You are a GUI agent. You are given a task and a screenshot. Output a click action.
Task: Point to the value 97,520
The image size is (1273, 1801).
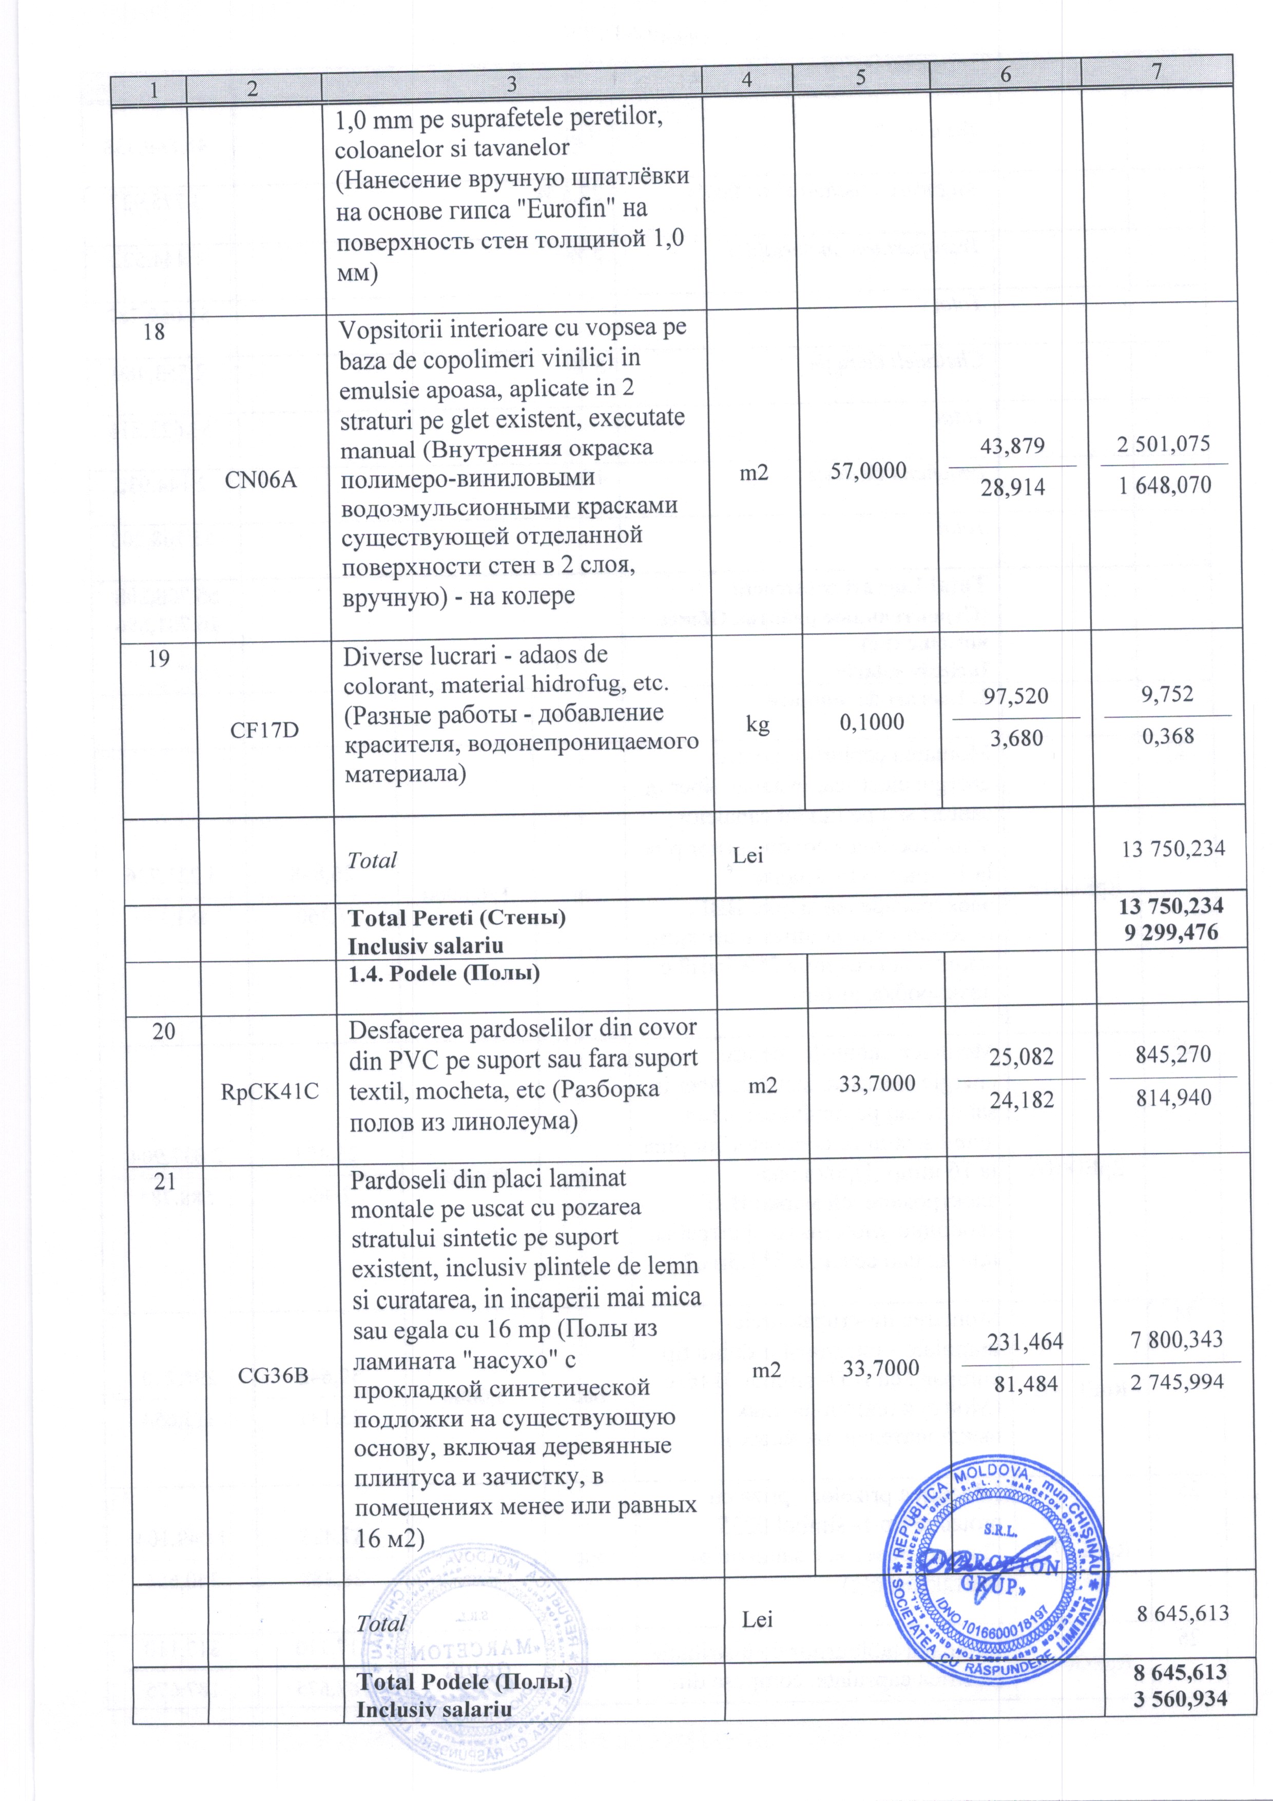(x=1016, y=697)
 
